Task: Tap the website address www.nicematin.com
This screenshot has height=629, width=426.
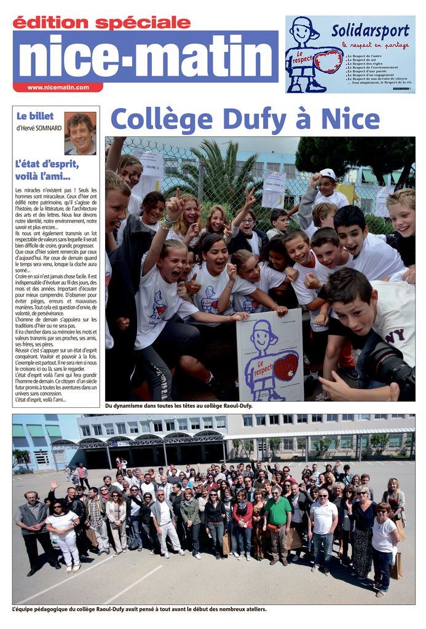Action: (x=58, y=87)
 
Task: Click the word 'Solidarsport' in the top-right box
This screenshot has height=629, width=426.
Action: (x=370, y=30)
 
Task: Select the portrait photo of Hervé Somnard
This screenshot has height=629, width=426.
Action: (x=81, y=133)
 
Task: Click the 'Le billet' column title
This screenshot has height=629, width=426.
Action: (x=35, y=115)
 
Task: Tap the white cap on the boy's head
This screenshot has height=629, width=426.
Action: (x=328, y=173)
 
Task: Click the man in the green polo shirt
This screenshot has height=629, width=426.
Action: (x=277, y=522)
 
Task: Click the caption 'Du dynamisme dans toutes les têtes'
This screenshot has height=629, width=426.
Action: (x=179, y=405)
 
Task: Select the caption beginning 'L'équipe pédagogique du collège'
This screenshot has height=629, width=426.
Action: (x=140, y=609)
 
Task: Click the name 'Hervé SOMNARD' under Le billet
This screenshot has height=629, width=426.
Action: (x=39, y=128)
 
